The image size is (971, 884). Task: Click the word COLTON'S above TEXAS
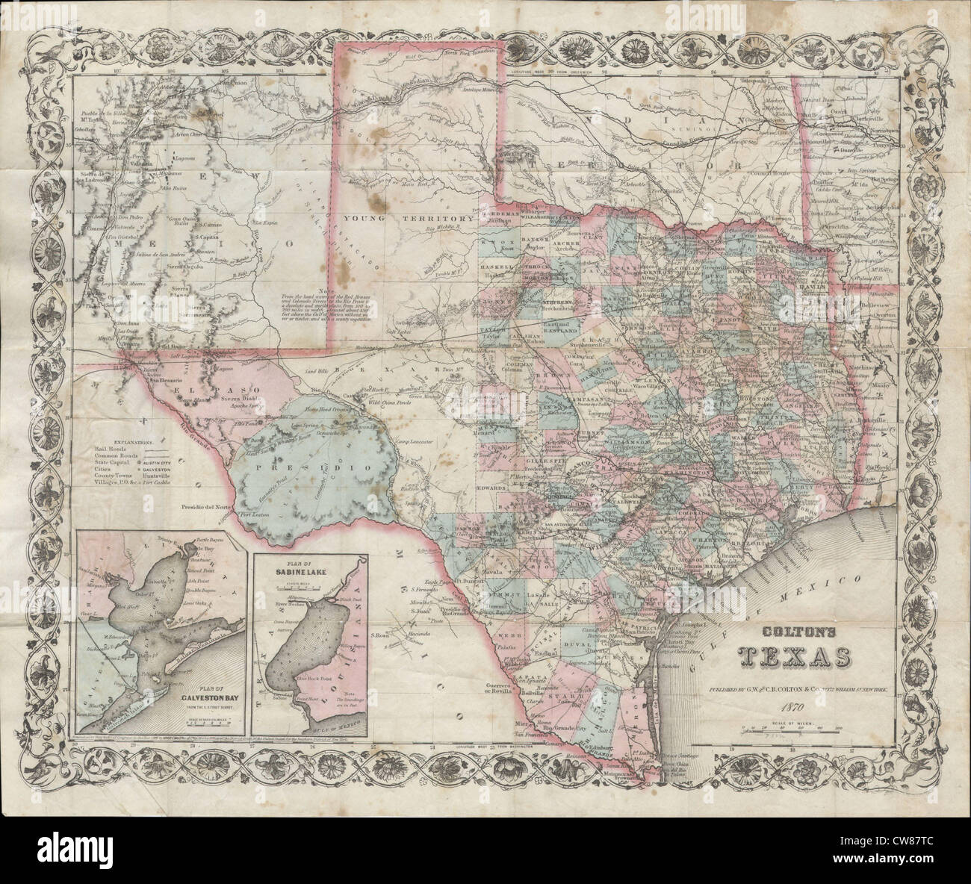792,631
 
